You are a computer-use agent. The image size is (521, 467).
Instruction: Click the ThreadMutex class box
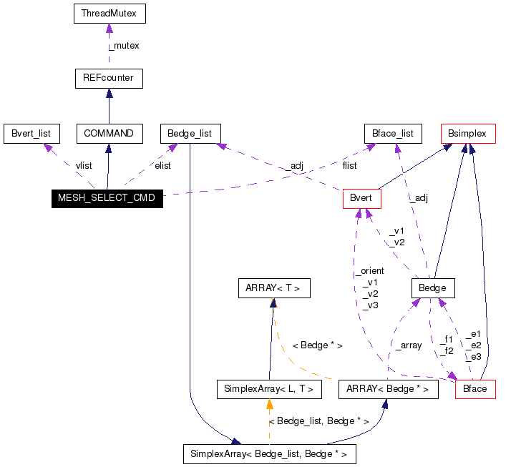click(x=109, y=14)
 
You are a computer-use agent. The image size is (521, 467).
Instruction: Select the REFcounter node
click(x=109, y=78)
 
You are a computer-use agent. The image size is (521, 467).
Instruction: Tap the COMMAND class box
click(x=109, y=133)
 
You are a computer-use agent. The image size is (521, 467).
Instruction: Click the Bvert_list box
click(x=31, y=133)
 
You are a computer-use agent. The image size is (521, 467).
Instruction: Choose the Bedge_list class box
click(x=190, y=133)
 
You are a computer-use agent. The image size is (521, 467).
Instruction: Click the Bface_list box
click(x=393, y=133)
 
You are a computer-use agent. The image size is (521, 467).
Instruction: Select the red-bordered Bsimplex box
click(x=467, y=133)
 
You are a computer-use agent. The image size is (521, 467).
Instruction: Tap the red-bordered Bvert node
click(x=361, y=198)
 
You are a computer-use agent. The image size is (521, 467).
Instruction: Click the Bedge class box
click(x=433, y=288)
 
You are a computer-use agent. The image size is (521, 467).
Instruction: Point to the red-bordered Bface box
click(x=475, y=388)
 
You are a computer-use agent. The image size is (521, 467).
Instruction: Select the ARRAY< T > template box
click(x=273, y=288)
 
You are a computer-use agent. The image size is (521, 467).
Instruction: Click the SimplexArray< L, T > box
click(x=268, y=388)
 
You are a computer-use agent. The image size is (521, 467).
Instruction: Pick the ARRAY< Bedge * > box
click(x=387, y=388)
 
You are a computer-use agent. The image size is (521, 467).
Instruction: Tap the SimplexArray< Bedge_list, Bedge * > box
click(x=269, y=453)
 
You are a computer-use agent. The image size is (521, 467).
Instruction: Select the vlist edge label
click(x=84, y=165)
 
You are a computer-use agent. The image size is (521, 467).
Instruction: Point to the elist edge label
click(x=162, y=165)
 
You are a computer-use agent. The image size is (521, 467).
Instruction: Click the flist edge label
click(x=349, y=165)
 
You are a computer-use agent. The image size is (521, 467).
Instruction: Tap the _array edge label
click(x=408, y=345)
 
